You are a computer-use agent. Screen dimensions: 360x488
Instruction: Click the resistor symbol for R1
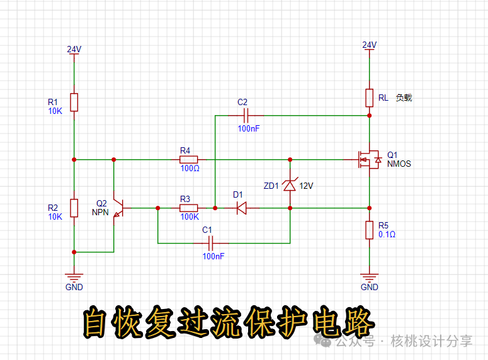point(74,102)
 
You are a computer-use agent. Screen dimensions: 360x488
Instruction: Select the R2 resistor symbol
point(74,208)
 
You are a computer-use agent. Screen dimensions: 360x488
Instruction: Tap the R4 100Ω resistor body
point(190,159)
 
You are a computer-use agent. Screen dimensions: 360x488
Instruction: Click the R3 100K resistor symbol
point(190,208)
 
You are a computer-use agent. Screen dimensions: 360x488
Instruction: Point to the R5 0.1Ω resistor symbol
point(369,230)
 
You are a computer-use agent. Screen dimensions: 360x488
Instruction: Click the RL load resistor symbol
point(369,98)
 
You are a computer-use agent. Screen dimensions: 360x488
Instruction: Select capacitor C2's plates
point(247,115)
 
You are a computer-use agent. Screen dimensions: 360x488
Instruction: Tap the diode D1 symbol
point(241,208)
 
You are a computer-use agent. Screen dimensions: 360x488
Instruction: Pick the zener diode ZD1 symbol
point(290,186)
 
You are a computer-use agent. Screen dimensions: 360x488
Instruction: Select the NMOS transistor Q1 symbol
point(368,159)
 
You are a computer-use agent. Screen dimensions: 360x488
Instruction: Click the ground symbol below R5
point(369,277)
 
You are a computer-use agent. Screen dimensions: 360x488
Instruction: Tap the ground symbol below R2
point(74,277)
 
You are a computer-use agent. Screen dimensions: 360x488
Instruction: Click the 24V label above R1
point(74,49)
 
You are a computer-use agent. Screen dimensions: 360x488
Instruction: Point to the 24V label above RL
point(369,45)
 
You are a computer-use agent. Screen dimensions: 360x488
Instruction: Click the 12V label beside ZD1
point(306,186)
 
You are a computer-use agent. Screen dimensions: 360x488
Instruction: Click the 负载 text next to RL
point(404,98)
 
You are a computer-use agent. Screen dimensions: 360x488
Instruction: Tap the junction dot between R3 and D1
point(215,208)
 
